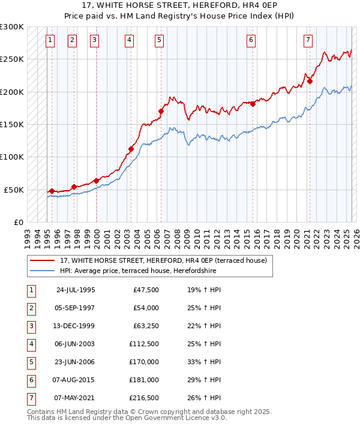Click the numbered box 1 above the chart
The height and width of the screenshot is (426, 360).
click(49, 40)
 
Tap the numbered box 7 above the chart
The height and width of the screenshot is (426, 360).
click(308, 40)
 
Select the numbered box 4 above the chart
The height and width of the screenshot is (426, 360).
click(130, 40)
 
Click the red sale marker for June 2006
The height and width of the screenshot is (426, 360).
click(161, 111)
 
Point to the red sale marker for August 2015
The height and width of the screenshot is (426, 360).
click(253, 104)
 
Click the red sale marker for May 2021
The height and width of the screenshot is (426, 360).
click(310, 81)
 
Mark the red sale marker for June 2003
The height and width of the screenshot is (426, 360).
click(131, 148)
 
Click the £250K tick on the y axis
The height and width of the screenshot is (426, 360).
click(13, 59)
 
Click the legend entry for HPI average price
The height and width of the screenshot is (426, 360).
click(138, 271)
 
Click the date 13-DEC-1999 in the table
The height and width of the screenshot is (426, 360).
click(75, 326)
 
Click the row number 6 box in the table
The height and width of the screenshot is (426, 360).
click(30, 379)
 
